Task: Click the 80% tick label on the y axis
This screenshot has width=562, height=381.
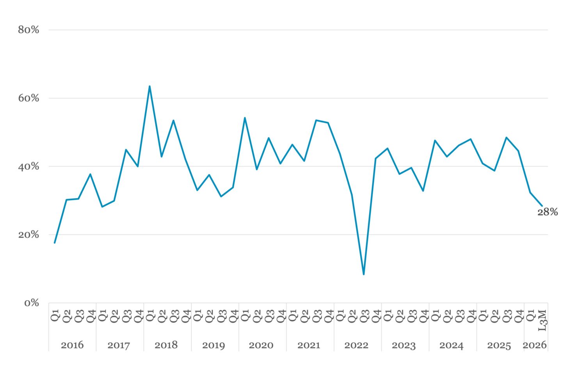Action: click(x=28, y=30)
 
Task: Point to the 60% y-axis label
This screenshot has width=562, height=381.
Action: click(x=28, y=98)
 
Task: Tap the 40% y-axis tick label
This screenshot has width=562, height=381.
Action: click(x=28, y=166)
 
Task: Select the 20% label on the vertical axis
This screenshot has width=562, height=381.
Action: click(x=28, y=235)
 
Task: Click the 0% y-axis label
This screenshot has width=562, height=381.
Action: click(x=32, y=303)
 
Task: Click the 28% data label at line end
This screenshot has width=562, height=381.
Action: click(x=548, y=212)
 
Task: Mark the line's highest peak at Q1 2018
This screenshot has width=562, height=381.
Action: click(x=149, y=86)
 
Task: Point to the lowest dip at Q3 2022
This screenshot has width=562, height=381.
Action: click(x=364, y=274)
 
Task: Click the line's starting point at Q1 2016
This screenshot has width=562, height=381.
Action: click(x=55, y=243)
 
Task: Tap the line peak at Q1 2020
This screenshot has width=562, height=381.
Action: click(x=245, y=118)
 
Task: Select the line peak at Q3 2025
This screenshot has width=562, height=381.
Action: click(x=506, y=137)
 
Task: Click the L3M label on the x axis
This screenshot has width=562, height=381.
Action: click(x=542, y=320)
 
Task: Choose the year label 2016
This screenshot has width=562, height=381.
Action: click(x=72, y=345)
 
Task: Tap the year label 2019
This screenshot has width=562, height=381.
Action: click(x=214, y=345)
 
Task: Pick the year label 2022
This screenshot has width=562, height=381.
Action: click(x=356, y=345)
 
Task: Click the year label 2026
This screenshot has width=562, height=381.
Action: click(x=535, y=345)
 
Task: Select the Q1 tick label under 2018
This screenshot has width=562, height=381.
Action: click(x=150, y=315)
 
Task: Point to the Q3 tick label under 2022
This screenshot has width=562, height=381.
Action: click(x=365, y=316)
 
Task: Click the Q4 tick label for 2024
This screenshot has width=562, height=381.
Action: click(x=471, y=316)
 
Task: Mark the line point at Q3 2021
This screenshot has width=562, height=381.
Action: click(x=317, y=120)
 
